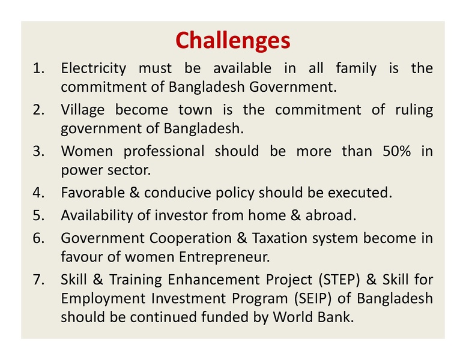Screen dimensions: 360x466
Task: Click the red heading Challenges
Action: click(232, 40)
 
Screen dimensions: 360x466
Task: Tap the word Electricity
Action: click(93, 68)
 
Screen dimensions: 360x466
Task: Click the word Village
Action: click(83, 110)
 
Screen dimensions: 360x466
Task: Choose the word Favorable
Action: click(90, 193)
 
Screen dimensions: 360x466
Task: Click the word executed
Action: click(360, 193)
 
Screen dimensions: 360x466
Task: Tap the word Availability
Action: click(95, 215)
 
